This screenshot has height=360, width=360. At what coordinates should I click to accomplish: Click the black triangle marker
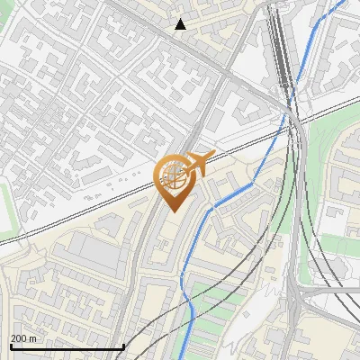click(181, 24)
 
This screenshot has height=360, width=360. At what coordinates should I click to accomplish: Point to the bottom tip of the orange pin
click(172, 211)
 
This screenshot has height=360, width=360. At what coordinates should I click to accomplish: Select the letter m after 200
click(33, 338)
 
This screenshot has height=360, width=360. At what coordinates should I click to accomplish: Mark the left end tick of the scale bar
click(10, 346)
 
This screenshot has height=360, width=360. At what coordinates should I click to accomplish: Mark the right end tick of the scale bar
click(122, 346)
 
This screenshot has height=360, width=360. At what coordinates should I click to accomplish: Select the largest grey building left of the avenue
click(94, 253)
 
